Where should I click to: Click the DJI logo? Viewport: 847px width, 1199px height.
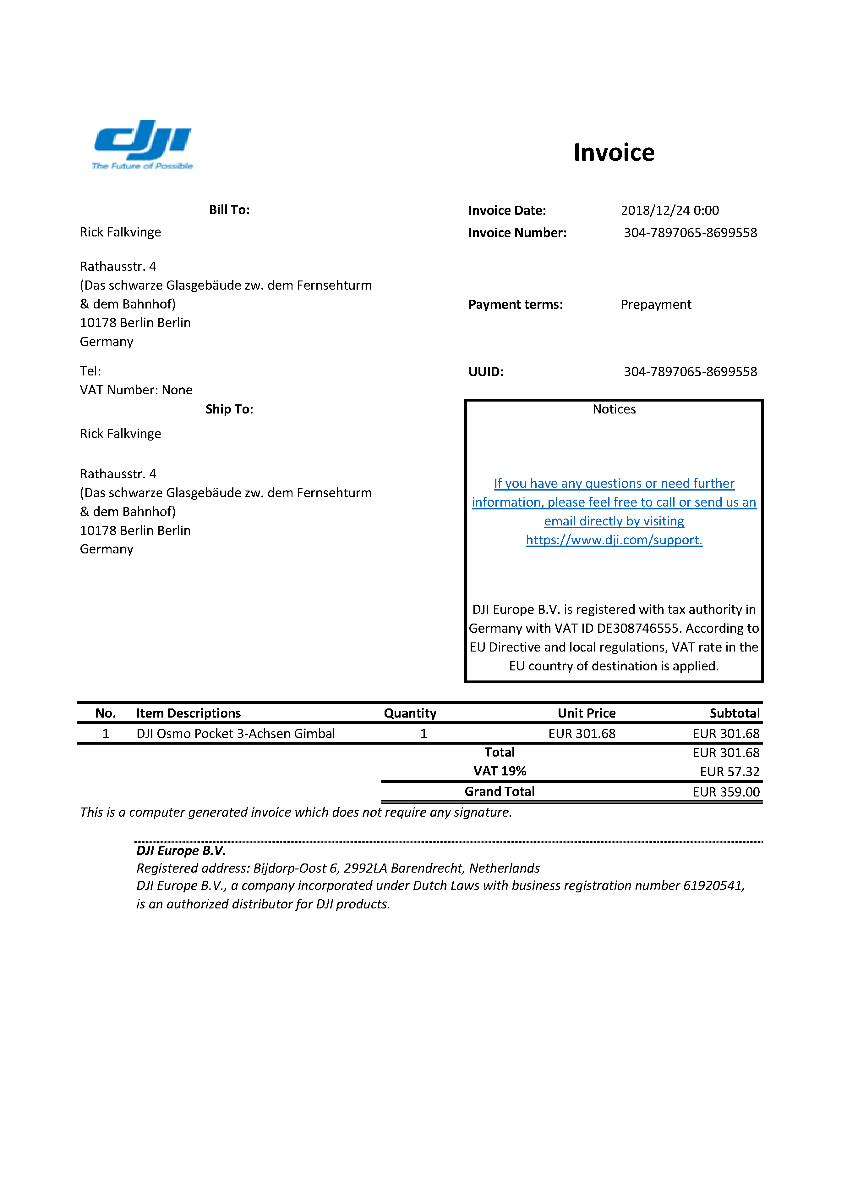point(142,144)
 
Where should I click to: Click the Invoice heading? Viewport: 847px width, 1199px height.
point(614,153)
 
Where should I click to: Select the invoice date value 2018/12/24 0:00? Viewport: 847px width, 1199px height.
point(669,210)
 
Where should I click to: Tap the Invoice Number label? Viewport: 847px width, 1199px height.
point(517,233)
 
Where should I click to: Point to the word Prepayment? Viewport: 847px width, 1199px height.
point(656,304)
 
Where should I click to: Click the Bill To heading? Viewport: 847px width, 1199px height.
point(229,210)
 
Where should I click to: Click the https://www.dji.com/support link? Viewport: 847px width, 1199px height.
point(614,540)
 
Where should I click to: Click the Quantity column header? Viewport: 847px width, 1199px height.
point(410,713)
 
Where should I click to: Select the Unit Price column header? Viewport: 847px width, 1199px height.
point(587,713)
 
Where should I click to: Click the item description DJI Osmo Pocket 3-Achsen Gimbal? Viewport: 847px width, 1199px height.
point(235,734)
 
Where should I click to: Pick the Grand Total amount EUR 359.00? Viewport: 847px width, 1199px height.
point(726,792)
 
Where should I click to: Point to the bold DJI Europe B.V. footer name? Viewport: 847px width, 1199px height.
point(181,851)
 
